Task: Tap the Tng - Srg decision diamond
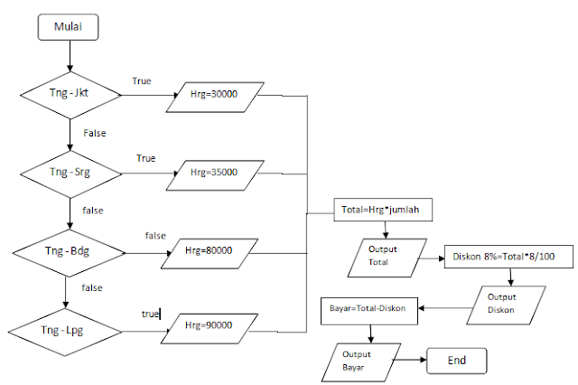(69, 169)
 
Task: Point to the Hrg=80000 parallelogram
(210, 254)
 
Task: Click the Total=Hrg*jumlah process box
(386, 211)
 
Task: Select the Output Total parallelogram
(384, 255)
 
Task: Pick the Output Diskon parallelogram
(501, 305)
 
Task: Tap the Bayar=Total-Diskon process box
(368, 307)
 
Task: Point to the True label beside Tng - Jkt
(142, 81)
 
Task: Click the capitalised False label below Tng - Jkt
(95, 133)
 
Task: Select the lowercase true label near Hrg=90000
(149, 314)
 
